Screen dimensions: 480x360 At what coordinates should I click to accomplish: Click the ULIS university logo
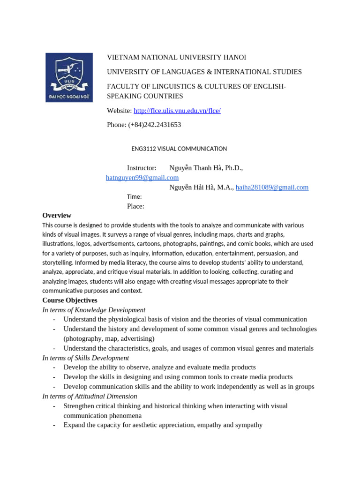pos(69,77)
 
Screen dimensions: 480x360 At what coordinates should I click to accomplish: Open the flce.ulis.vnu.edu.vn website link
pos(177,111)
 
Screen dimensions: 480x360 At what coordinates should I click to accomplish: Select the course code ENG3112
pos(143,149)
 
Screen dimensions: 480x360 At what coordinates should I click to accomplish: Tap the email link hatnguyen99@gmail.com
pos(142,178)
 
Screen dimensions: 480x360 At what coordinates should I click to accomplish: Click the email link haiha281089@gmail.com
pos(272,187)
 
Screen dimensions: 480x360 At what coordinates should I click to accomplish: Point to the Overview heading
pos(57,215)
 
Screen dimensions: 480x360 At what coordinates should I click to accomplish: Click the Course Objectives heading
pos(70,300)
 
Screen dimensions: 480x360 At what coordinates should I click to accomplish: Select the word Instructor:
pos(142,168)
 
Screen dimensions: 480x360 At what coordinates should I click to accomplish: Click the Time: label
pos(134,197)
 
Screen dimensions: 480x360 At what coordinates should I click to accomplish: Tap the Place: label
pos(135,206)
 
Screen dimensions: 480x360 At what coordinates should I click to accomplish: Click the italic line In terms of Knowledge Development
pos(94,310)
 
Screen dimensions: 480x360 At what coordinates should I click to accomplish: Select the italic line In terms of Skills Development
pos(85,358)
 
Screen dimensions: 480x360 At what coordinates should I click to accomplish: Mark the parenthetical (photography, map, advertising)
pos(109,338)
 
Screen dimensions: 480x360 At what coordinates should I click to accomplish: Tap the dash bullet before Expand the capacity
pos(54,425)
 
